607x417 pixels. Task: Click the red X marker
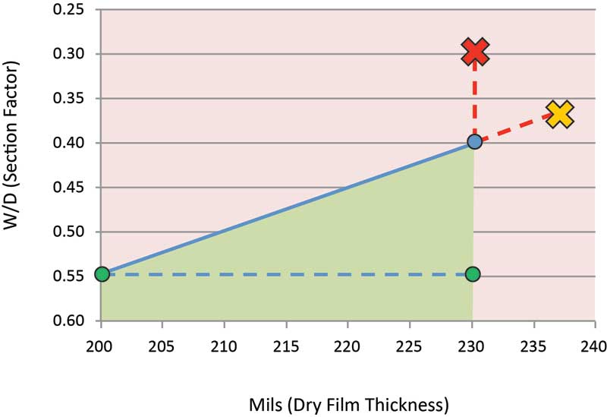coord(475,52)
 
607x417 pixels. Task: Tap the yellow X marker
coord(559,115)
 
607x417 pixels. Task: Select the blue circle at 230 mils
coord(474,141)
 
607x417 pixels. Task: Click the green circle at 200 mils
coord(102,273)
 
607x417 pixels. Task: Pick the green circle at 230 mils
coord(473,273)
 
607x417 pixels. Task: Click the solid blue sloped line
coord(288,207)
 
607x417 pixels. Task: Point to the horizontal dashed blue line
coord(288,274)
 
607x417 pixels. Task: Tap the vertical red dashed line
coord(475,99)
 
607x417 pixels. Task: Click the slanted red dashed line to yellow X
coord(516,128)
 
